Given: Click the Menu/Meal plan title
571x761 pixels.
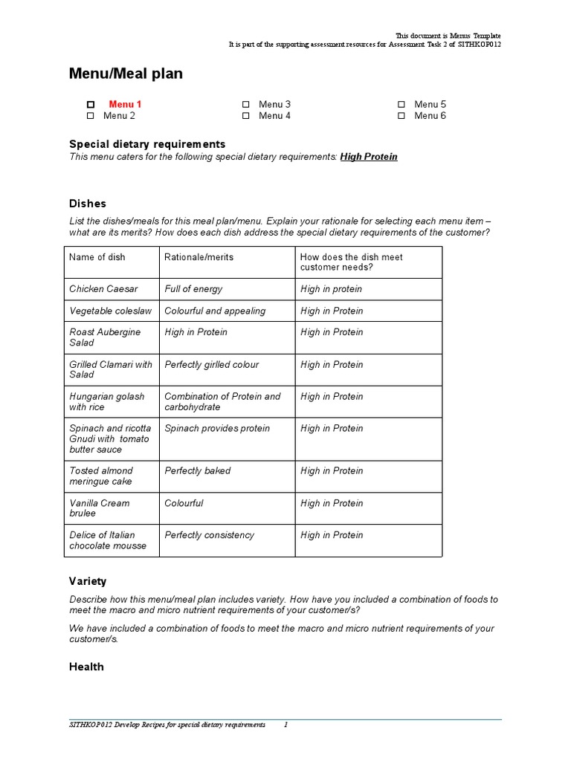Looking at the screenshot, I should (126, 74).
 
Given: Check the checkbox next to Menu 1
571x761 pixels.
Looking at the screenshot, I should (91, 105).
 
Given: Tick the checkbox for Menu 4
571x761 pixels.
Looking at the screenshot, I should (246, 116).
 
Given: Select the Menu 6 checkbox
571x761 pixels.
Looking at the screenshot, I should (401, 116).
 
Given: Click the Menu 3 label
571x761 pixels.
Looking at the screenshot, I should (274, 105).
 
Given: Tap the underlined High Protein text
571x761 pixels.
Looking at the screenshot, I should (369, 157).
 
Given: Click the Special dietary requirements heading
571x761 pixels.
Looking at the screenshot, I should (147, 144).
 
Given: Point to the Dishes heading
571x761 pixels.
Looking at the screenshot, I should (88, 204).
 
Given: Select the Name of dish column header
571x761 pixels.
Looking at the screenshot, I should (97, 257).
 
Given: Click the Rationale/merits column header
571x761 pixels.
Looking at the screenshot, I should (199, 257).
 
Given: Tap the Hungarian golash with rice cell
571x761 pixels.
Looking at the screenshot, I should (107, 402).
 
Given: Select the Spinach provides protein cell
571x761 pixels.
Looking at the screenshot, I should (217, 429).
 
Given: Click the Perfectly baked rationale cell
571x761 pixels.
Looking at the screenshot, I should (198, 471).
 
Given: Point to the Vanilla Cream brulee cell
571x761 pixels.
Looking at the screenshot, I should (99, 508).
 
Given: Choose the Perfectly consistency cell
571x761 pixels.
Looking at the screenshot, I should (209, 535).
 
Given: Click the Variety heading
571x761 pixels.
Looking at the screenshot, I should (88, 581).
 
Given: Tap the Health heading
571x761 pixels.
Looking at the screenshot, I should (86, 667).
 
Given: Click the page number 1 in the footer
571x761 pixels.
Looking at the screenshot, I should (285, 725).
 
